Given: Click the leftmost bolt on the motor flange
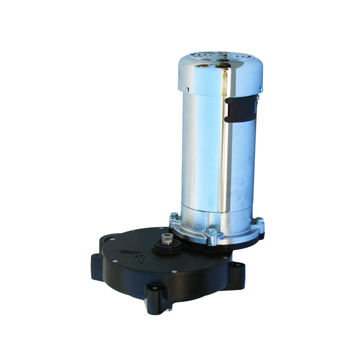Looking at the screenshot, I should (x=173, y=217).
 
